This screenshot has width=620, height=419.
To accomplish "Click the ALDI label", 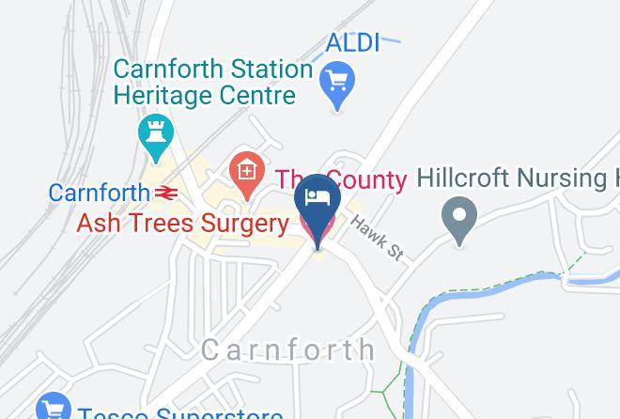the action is coord(352,42).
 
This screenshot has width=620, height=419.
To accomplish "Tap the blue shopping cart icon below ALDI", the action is coord(337,83).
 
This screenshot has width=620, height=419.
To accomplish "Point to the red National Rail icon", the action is coord(167,194).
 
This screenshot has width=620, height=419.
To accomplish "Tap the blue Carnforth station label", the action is coord(99,194).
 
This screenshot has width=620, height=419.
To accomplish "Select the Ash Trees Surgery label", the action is coord(182,224).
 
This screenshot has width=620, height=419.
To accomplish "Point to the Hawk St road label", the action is coord(377,238).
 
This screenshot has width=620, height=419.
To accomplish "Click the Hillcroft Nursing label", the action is coord(517,178).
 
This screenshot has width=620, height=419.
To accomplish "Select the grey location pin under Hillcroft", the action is coord(459,218).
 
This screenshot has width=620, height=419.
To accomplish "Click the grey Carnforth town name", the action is coord(288,350).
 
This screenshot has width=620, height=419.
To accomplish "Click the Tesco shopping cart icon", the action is coord(54,408).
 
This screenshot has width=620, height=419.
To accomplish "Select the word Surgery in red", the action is coord(247,224).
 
